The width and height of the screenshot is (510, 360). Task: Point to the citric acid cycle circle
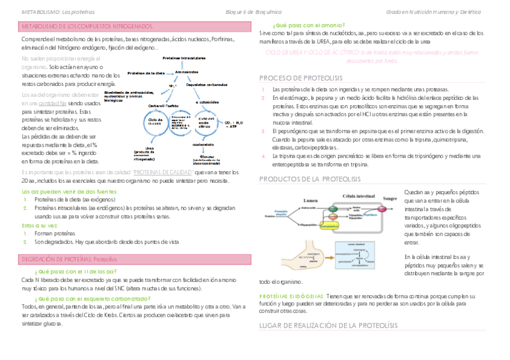coord(204,124)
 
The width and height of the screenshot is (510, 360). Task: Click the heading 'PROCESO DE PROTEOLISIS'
coord(300,79)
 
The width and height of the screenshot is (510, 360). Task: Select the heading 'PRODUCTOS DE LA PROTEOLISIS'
coord(309,179)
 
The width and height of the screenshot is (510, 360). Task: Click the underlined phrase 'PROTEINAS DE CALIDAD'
coord(167,172)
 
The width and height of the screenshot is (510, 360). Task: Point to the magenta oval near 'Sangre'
coord(370,214)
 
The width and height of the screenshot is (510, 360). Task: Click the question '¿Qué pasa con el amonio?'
coord(308,25)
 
